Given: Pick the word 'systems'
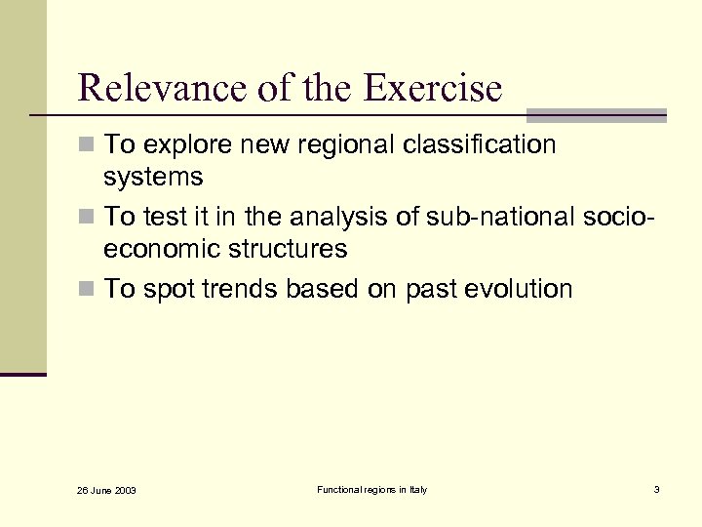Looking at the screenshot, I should [154, 178].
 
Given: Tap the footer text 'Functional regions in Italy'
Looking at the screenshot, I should [371, 489].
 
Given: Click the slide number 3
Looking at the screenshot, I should [656, 489].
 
